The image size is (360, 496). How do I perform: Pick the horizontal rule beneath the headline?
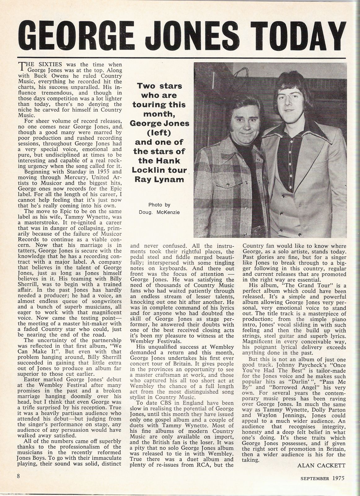[x=180, y=58]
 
